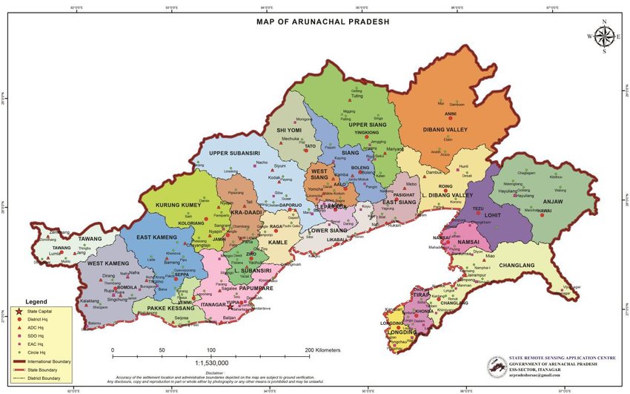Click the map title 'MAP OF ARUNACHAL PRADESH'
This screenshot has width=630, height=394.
[x=322, y=22]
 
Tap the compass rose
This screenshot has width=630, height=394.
[x=604, y=36]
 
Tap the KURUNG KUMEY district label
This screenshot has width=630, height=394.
[x=172, y=205]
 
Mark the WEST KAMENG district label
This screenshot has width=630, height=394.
[x=108, y=263]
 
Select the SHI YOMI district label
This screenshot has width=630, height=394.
[x=289, y=131]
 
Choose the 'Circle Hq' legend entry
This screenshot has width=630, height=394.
[x=36, y=352]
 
